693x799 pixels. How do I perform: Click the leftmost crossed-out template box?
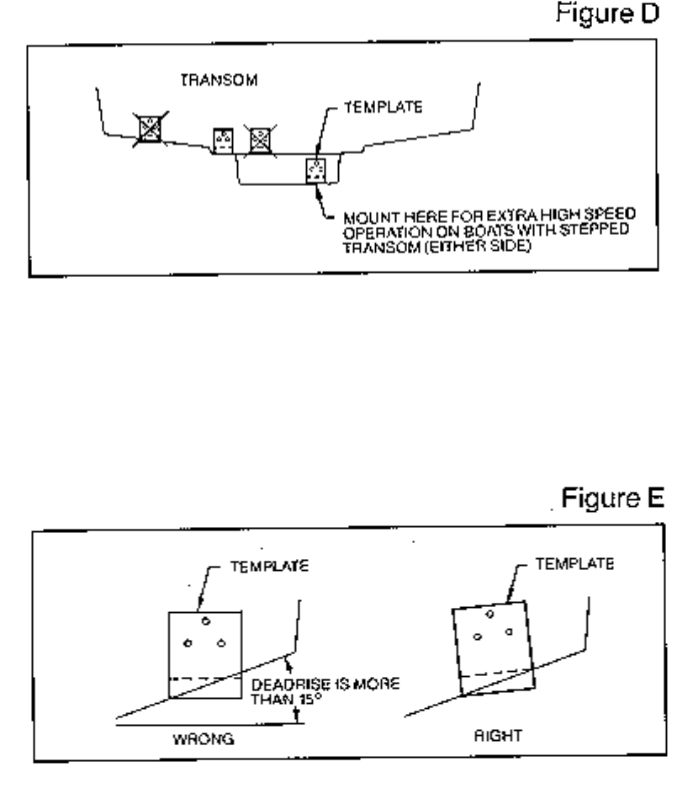(151, 128)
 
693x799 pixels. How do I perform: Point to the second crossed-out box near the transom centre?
(259, 137)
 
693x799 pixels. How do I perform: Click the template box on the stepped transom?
(315, 170)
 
